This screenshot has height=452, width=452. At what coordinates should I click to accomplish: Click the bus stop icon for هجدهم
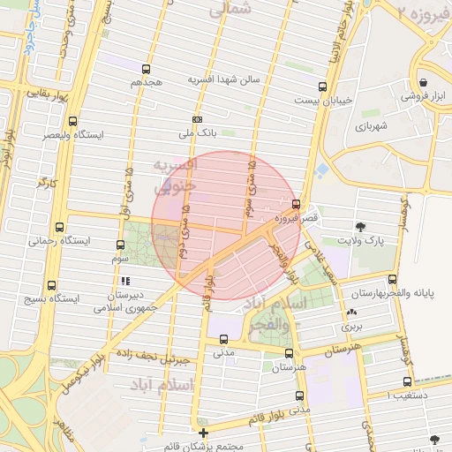point(146,69)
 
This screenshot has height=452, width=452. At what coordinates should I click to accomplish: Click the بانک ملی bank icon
point(197,120)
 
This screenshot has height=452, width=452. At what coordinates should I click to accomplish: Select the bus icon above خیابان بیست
point(322,87)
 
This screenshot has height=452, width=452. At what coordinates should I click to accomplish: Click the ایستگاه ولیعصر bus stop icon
point(72,122)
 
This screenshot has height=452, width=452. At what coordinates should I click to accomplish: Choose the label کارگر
point(45,182)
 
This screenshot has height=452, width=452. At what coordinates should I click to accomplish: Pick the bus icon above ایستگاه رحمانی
point(59,227)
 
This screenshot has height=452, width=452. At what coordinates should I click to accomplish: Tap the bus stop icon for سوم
point(121,245)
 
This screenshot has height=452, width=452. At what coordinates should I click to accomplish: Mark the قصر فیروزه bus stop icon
point(307,204)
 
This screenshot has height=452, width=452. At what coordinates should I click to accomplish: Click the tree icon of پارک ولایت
point(360,226)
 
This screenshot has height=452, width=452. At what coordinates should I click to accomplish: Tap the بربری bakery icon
point(352,313)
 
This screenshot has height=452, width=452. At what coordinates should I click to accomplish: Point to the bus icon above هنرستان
point(289,351)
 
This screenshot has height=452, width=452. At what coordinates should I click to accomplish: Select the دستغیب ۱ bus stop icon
point(407,381)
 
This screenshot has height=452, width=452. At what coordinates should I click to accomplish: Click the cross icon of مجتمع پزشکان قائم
point(204,433)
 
